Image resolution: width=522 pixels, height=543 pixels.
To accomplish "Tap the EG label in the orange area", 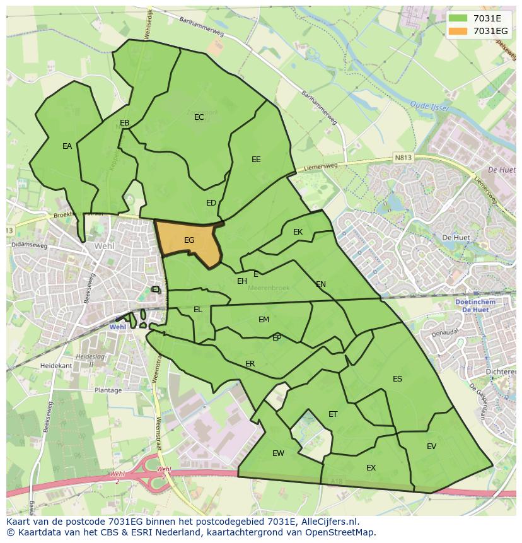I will [189, 240].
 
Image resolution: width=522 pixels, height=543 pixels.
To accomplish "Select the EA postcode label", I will [67, 146].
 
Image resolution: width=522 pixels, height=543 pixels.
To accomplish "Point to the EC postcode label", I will [199, 117].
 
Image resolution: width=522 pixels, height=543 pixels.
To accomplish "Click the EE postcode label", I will [256, 160].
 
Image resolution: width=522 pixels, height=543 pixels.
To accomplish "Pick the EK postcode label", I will [298, 232].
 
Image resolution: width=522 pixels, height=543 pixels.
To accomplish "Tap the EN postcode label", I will [321, 284].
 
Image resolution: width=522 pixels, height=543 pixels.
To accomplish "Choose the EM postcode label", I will [264, 320].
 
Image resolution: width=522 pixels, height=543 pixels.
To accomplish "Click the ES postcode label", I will [397, 379].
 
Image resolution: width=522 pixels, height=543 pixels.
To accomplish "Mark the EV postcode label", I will [431, 447].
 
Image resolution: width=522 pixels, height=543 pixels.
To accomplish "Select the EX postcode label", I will [371, 468].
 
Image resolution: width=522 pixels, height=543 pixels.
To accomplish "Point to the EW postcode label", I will [278, 453].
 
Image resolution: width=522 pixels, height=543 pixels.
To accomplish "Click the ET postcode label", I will [333, 414].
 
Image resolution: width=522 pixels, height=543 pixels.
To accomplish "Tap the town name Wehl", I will [104, 246].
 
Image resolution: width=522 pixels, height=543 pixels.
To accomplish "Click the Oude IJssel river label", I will [429, 105].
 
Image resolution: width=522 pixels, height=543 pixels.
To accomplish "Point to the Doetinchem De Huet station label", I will [474, 306].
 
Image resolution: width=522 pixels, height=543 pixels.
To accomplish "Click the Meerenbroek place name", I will [269, 288].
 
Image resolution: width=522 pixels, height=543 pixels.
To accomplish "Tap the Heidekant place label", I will [56, 366].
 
